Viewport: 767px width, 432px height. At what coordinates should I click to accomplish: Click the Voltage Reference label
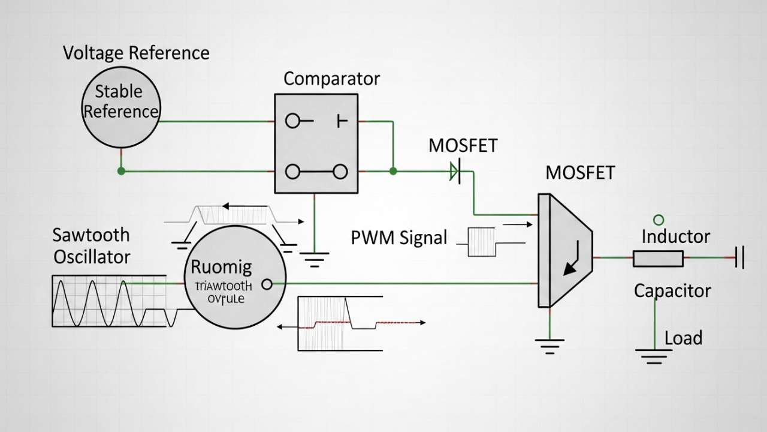136,53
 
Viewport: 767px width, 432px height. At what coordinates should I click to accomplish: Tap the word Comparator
331,79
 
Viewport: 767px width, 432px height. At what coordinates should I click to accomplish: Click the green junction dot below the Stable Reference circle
121,171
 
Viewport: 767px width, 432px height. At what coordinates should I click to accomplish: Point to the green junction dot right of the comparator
393,171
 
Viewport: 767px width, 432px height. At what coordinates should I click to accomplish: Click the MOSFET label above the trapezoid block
579,173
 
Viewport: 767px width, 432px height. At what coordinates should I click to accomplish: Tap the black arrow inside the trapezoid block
570,264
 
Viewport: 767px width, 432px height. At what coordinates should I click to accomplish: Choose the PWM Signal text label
398,238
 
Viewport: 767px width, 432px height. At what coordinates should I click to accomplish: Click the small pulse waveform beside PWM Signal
482,241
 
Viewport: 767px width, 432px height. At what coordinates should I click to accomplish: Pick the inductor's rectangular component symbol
658,259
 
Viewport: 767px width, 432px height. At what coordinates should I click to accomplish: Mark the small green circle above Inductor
659,220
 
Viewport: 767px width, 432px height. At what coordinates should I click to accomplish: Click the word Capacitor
672,291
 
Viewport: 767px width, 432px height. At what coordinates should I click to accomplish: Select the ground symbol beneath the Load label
654,357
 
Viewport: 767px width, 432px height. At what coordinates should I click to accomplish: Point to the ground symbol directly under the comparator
314,259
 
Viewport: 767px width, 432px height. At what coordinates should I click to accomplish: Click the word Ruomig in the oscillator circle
221,267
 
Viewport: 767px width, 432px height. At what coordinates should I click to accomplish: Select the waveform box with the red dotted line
340,323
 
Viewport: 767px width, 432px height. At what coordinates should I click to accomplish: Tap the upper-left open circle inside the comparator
292,121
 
